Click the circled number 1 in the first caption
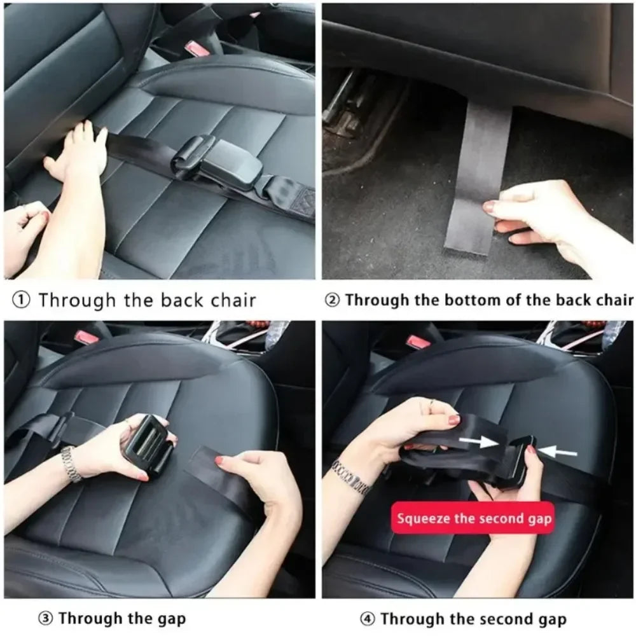click(22, 301)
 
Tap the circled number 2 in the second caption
click(333, 301)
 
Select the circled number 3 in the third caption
click(46, 619)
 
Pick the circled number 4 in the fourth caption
click(367, 619)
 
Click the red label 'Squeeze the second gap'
click(474, 518)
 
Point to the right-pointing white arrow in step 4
click(479, 441)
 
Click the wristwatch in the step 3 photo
click(71, 464)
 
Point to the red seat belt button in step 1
click(195, 49)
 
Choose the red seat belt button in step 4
click(419, 342)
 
